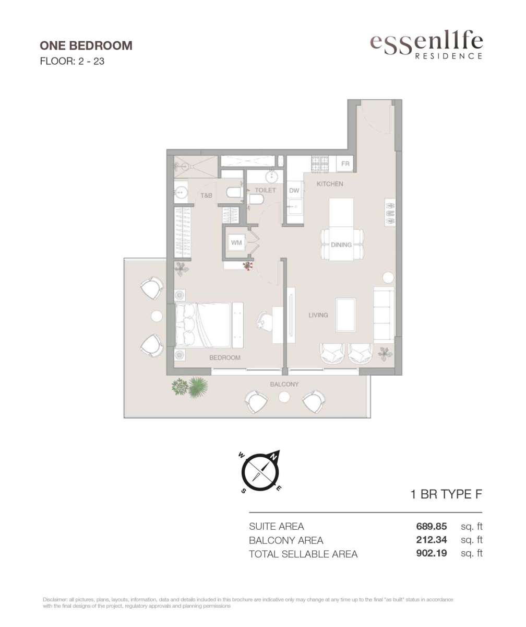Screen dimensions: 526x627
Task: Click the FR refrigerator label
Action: tap(345, 164)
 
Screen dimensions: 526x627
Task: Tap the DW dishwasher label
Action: tap(294, 190)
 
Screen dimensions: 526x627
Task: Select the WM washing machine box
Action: tap(236, 242)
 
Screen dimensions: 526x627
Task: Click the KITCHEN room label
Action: tap(330, 184)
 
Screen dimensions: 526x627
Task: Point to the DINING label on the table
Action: tap(341, 245)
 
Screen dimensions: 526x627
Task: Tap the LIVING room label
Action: tap(318, 315)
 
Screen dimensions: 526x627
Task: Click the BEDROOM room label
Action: tap(225, 357)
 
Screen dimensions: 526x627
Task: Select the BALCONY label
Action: tap(284, 385)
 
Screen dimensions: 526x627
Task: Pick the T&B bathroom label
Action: tap(206, 195)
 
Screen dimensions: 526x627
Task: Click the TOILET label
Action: tap(266, 190)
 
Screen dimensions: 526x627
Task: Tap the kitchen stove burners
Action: tap(320, 164)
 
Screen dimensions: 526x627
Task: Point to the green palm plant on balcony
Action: tap(198, 387)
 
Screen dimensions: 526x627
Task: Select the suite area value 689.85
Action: tap(432, 526)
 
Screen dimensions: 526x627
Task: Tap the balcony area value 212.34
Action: tap(432, 540)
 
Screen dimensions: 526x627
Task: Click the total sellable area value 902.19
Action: tap(432, 553)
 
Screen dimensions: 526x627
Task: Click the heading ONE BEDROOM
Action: tap(86, 45)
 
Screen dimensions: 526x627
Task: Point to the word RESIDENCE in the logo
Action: tap(449, 56)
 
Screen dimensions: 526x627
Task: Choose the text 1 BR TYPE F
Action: tap(446, 494)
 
